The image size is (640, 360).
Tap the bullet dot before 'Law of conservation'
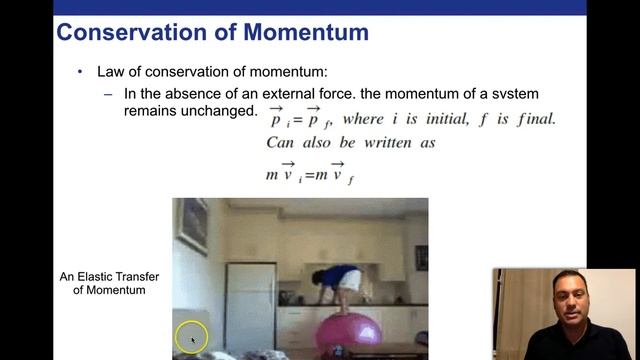click(81, 73)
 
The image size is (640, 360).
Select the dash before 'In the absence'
click(108, 94)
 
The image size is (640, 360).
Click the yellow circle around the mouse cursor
click(191, 338)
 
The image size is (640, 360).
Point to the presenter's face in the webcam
click(567, 299)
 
